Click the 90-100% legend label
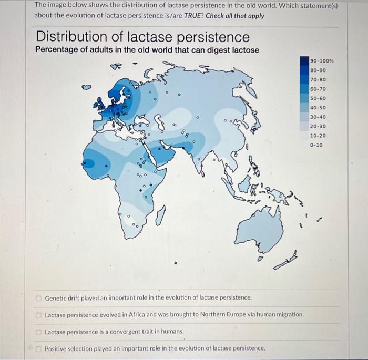(322, 61)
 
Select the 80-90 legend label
(318, 70)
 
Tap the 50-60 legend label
(318, 98)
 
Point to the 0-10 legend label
(317, 145)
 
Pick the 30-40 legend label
(318, 117)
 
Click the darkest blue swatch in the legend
(304, 61)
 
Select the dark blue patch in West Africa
(95, 163)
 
